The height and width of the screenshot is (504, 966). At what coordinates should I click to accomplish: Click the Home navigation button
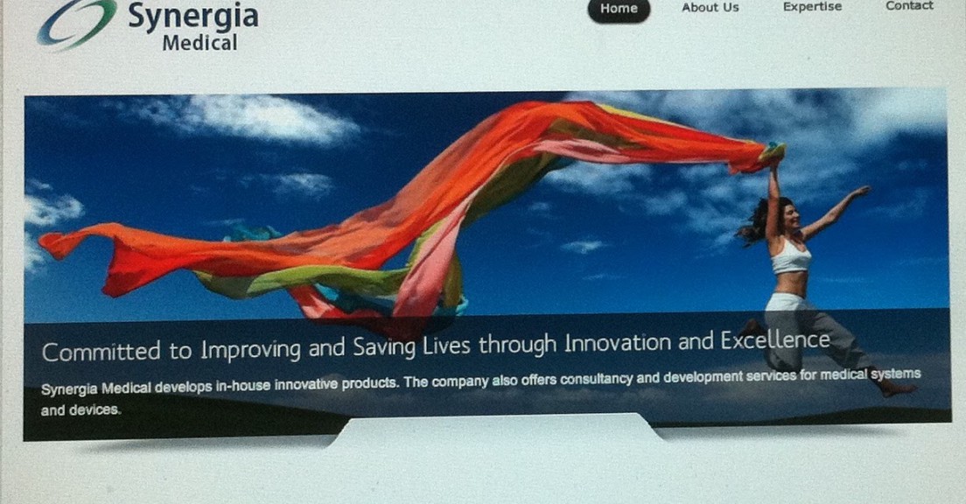click(619, 10)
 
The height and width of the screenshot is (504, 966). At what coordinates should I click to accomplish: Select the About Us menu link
click(710, 8)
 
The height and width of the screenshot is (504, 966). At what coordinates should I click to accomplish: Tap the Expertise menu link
click(812, 7)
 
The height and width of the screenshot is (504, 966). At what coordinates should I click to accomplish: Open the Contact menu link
click(909, 5)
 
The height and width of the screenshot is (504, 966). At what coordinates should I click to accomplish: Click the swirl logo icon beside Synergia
click(76, 24)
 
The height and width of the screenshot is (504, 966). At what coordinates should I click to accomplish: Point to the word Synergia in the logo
click(192, 16)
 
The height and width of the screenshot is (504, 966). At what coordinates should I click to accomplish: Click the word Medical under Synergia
click(199, 43)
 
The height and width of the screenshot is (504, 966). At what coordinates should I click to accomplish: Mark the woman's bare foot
click(896, 388)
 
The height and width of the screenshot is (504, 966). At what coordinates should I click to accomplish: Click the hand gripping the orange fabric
click(774, 158)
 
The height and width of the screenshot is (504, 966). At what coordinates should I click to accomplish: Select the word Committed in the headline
click(101, 351)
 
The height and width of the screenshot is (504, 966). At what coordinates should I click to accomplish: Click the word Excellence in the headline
click(775, 340)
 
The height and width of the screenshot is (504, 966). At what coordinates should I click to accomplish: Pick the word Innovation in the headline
click(618, 343)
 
